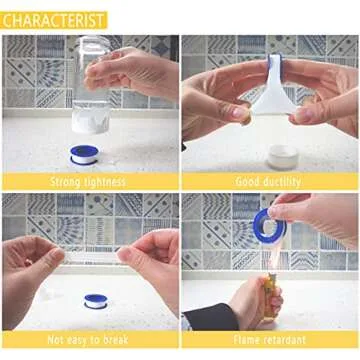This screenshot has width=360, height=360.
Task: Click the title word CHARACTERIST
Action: (x=54, y=18)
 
